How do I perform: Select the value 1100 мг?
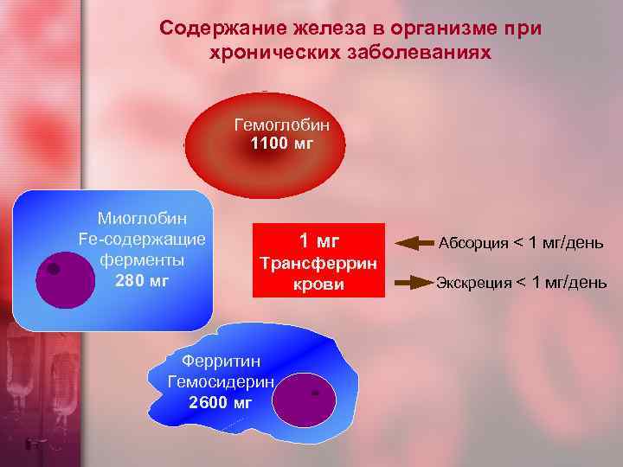pyautogui.click(x=281, y=144)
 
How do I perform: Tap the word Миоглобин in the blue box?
pyautogui.click(x=143, y=218)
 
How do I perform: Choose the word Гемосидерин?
pyautogui.click(x=221, y=381)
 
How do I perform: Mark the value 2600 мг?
pyautogui.click(x=221, y=402)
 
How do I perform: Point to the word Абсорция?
pyautogui.click(x=474, y=243)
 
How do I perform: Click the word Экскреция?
pyautogui.click(x=474, y=283)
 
